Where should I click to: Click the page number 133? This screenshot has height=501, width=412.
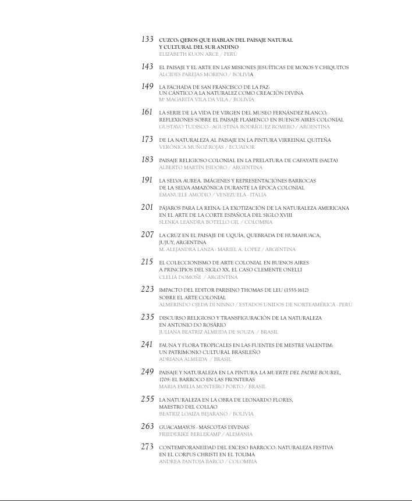(x=147, y=40)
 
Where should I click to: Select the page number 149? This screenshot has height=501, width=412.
(x=147, y=86)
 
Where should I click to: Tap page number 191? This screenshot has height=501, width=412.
(x=147, y=180)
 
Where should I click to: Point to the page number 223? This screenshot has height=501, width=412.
(x=147, y=289)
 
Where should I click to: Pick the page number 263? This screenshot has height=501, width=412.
(x=147, y=426)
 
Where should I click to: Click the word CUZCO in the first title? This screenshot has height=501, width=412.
(x=168, y=40)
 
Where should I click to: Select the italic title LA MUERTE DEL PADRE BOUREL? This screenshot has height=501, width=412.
(x=299, y=372)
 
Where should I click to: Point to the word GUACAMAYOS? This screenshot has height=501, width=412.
(x=177, y=427)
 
